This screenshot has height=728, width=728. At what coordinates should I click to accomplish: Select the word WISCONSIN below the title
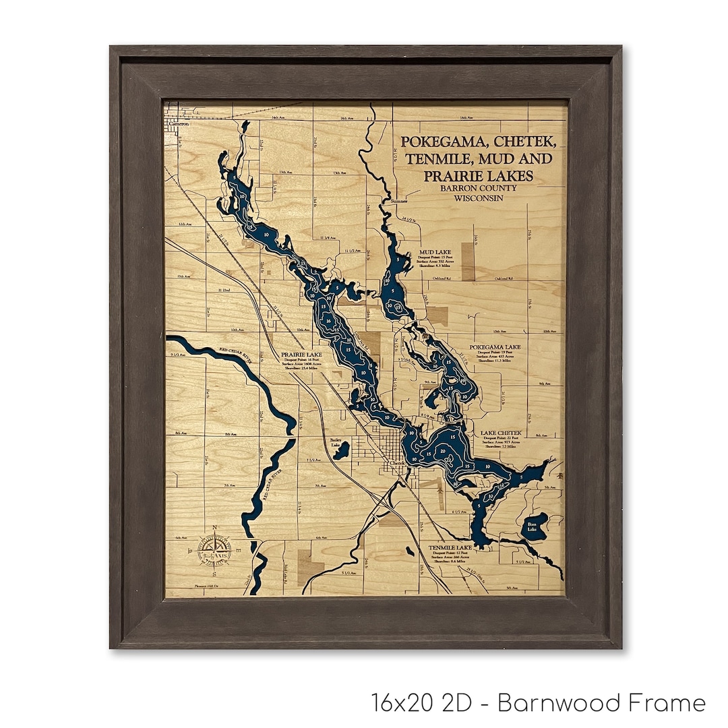479,198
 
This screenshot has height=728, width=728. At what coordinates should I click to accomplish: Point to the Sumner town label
398,201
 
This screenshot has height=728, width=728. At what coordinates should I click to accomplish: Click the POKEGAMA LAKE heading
499,346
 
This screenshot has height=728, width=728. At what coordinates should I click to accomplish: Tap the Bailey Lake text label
336,442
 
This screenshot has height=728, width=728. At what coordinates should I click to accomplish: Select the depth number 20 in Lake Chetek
443,451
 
